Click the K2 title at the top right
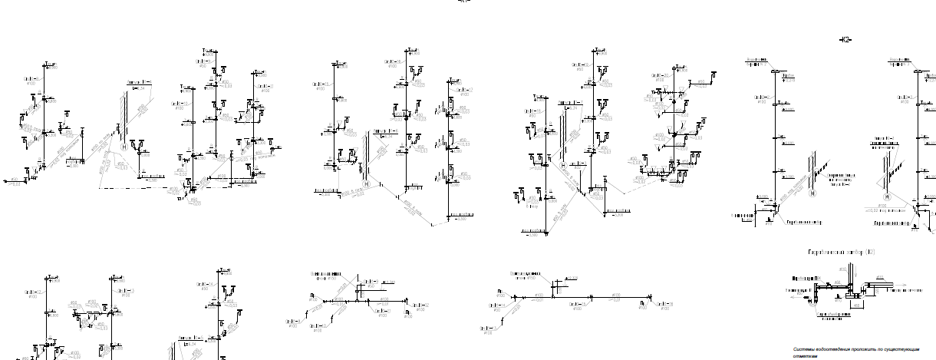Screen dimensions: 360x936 point(846,39)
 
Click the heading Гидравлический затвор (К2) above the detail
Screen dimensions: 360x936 point(841,252)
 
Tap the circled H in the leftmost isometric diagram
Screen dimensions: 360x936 point(124,147)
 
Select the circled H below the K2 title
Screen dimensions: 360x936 point(812,194)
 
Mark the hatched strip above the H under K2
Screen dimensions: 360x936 point(812,170)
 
